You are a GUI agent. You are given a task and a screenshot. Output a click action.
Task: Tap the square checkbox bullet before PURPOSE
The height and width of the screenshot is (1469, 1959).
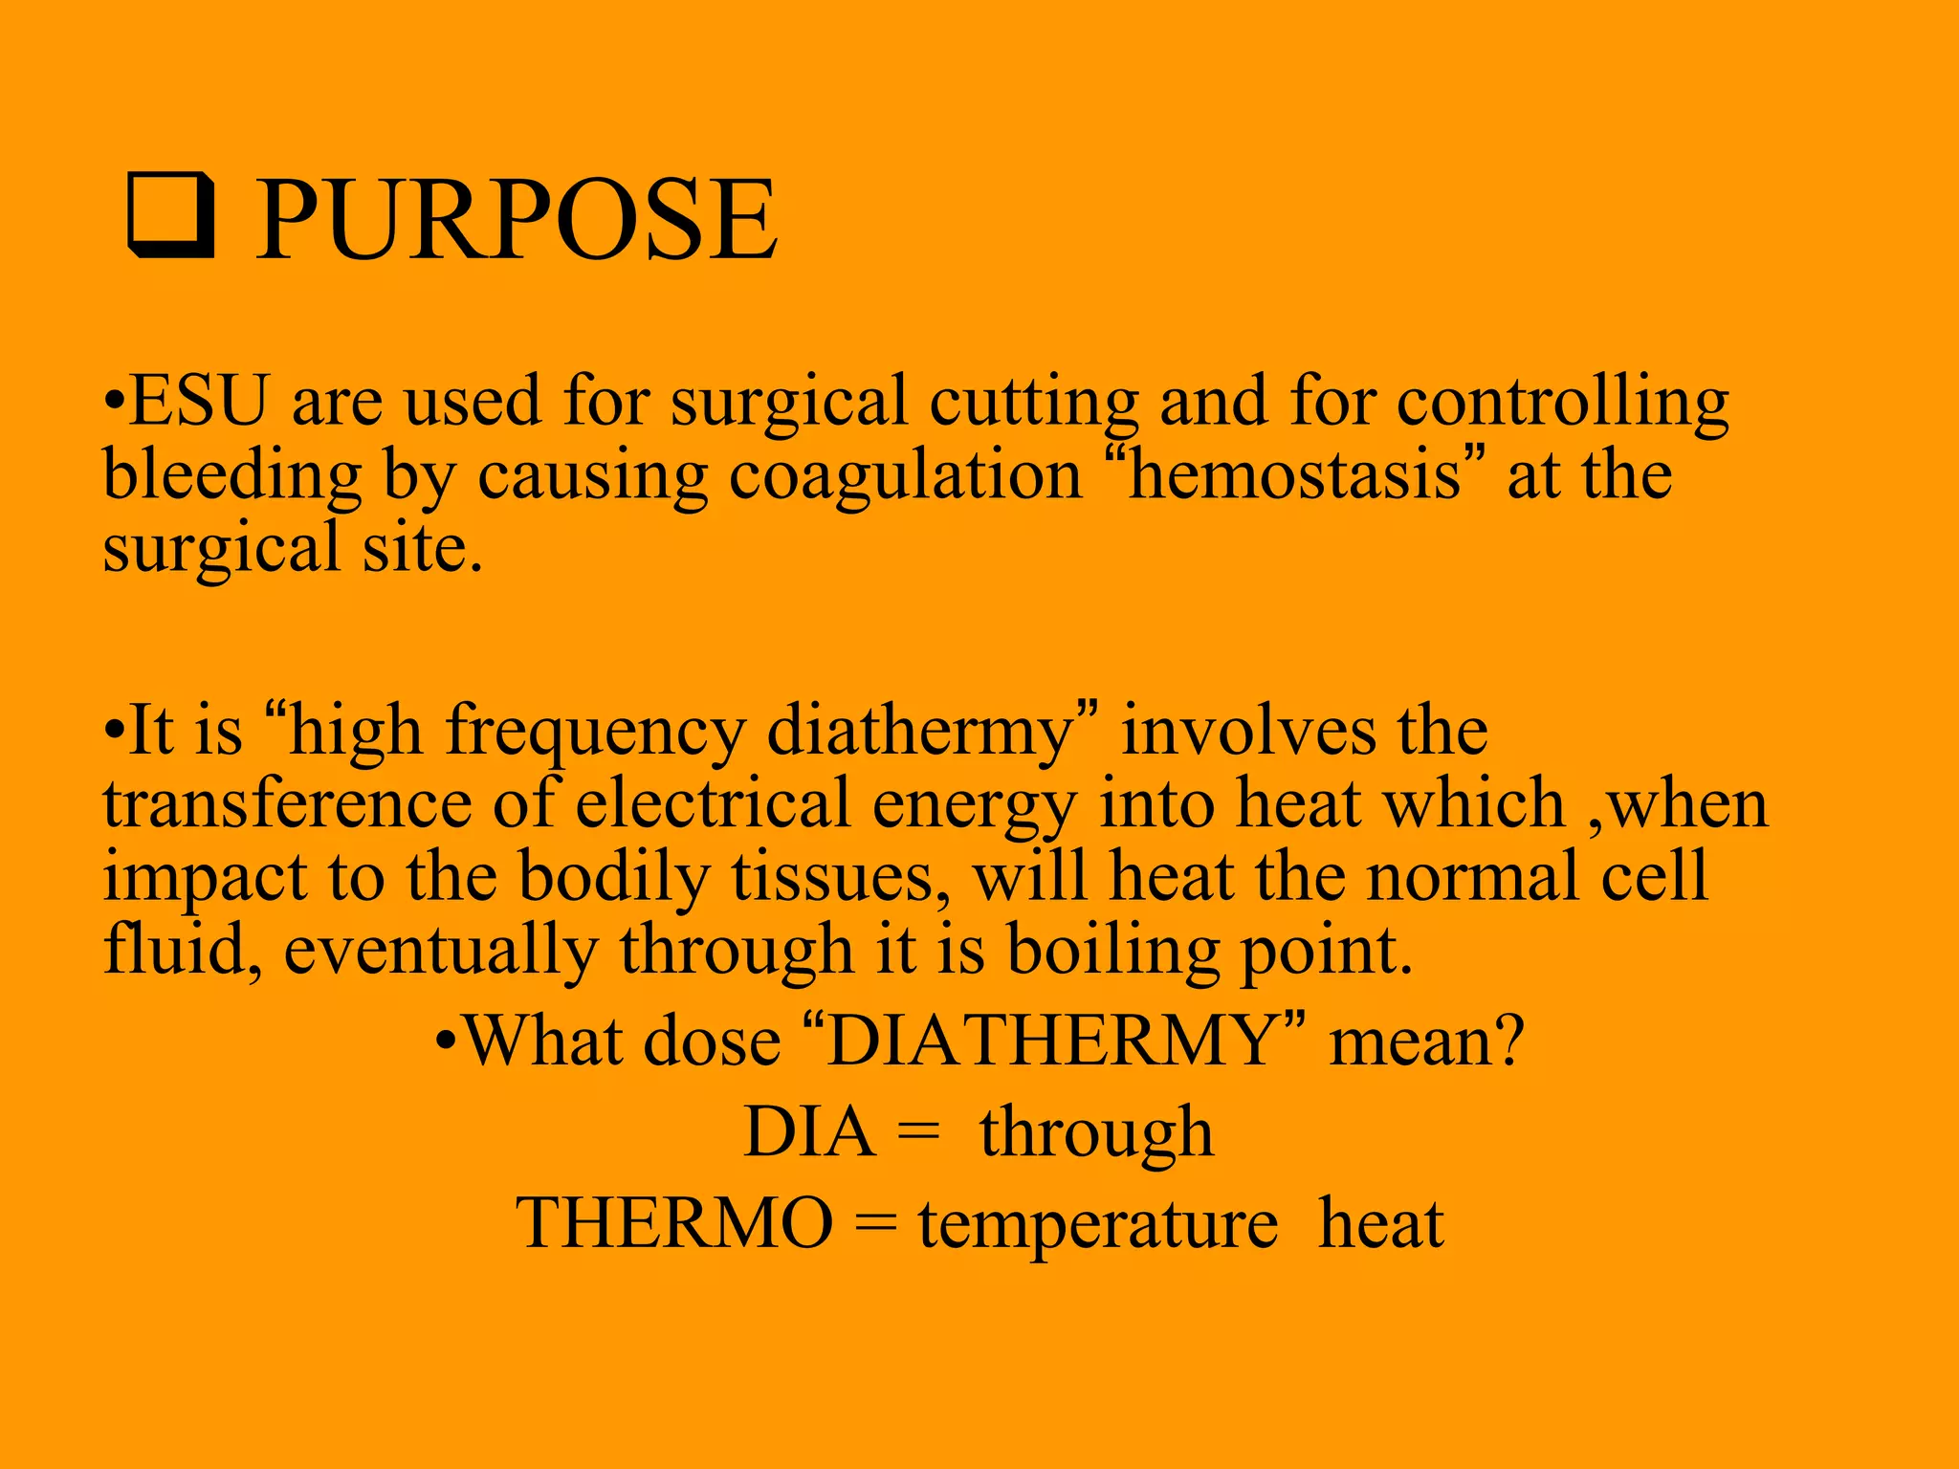(170, 216)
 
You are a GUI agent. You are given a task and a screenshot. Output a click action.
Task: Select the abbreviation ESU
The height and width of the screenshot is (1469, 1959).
(198, 401)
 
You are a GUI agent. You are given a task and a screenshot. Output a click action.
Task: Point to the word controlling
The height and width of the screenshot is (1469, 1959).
(1562, 403)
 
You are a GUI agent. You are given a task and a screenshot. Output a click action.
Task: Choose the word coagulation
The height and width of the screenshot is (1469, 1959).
(905, 475)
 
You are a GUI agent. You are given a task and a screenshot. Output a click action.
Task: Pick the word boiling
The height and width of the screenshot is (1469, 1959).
(1113, 953)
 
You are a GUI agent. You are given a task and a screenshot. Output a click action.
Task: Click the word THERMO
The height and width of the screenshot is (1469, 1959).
(674, 1223)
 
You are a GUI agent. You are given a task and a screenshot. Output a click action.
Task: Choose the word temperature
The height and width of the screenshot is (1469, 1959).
(1098, 1225)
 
